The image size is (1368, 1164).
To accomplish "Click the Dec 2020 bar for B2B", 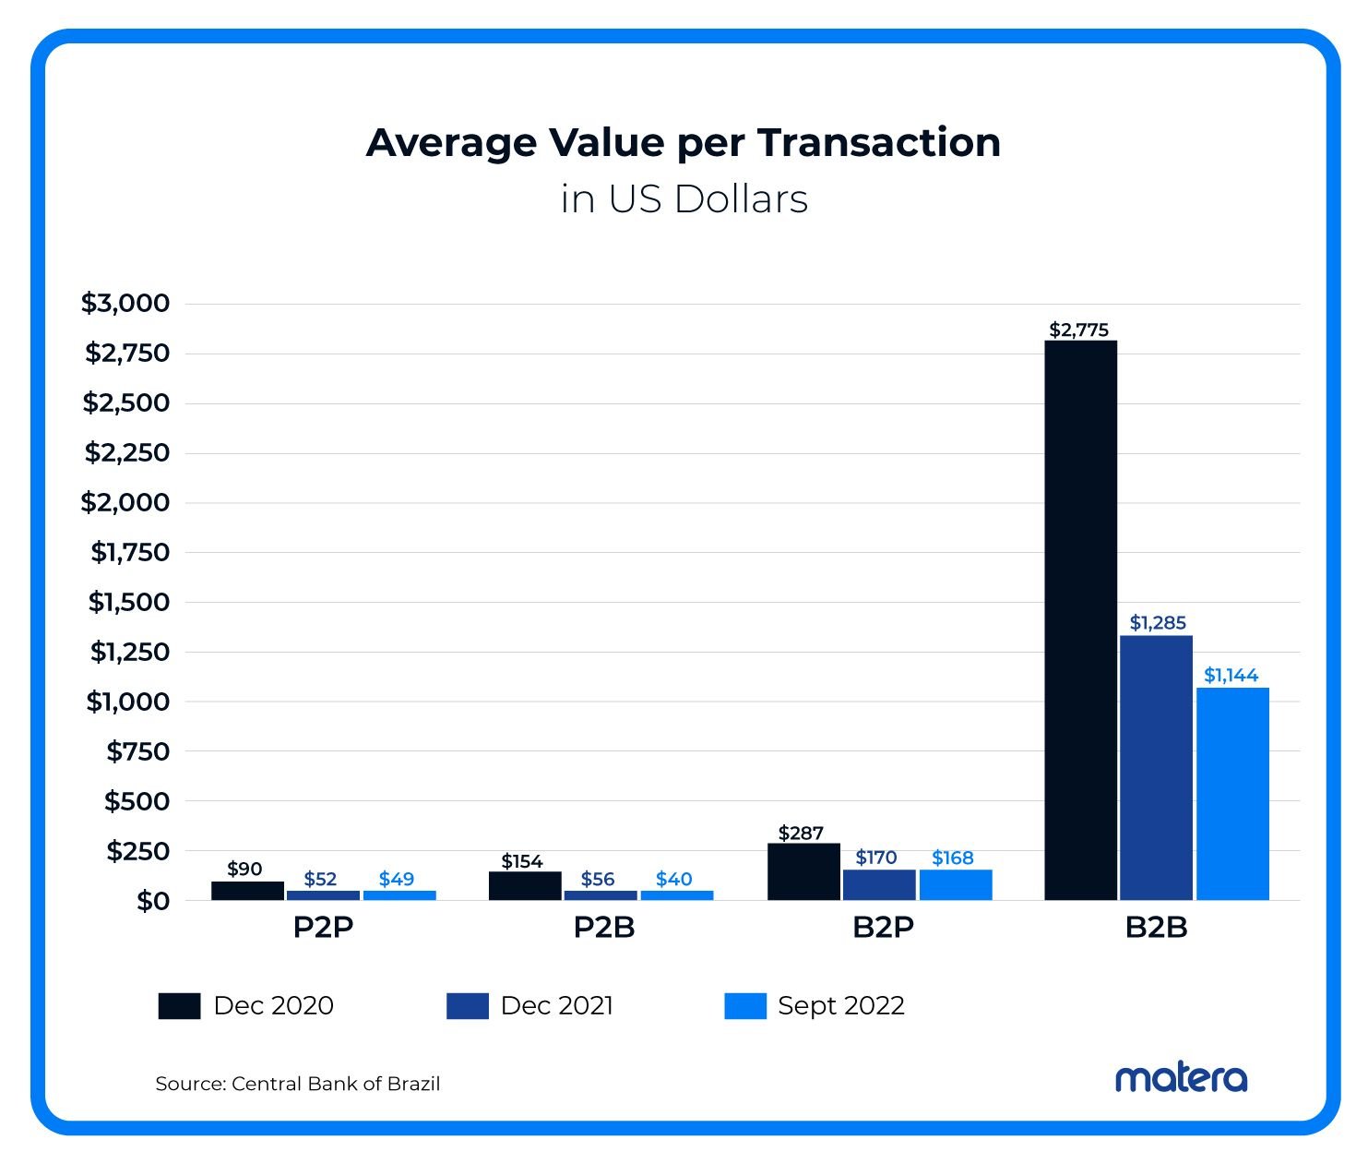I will click(x=1080, y=620).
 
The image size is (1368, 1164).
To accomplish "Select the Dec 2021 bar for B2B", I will click(x=1156, y=767).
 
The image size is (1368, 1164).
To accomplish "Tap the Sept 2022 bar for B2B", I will click(x=1232, y=793).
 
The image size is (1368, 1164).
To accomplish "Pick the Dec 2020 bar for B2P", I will click(x=803, y=871).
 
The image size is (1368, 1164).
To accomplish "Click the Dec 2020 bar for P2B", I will click(x=525, y=885).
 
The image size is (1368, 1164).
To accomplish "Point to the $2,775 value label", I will click(x=1079, y=330).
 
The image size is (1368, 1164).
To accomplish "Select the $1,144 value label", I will click(x=1231, y=675).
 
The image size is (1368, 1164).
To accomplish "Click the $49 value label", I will click(x=397, y=879).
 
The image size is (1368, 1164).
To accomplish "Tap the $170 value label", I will click(x=876, y=858).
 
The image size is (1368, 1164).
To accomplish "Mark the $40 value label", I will click(x=674, y=879).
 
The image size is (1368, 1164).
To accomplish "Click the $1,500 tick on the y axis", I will click(x=129, y=602).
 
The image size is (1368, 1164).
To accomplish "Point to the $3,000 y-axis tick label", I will click(x=125, y=303).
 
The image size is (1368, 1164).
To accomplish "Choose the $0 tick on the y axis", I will click(x=153, y=901).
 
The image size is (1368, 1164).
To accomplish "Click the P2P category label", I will click(x=323, y=927).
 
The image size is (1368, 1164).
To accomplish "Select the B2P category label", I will click(x=883, y=927).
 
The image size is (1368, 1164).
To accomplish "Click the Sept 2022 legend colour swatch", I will click(x=745, y=1005).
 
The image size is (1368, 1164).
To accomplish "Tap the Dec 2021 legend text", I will click(x=556, y=1005).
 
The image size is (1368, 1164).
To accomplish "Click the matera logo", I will click(x=1181, y=1077).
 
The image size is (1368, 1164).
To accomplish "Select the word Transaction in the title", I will click(x=879, y=142).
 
